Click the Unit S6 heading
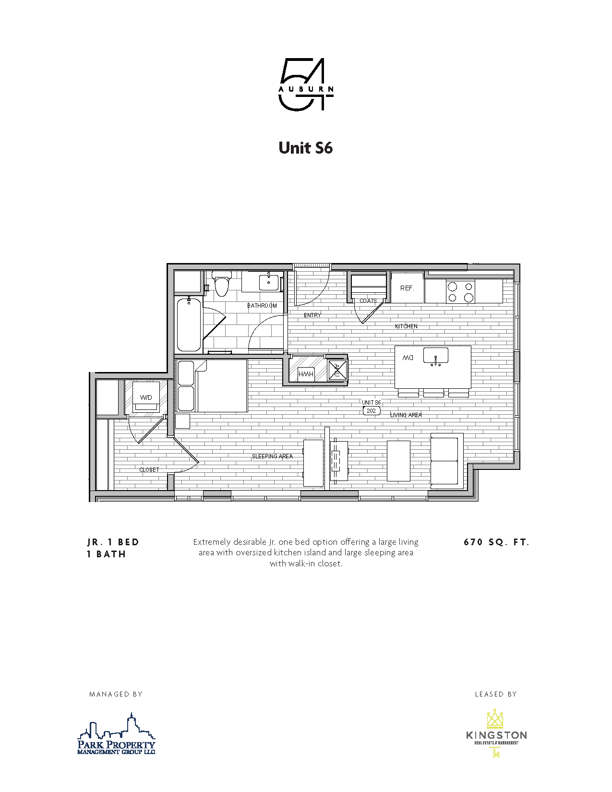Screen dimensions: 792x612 tap(305, 147)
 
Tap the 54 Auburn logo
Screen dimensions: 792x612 tap(306, 85)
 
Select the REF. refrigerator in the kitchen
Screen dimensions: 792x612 tap(407, 288)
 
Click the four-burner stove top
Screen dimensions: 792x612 tap(460, 291)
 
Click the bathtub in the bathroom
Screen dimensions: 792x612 tap(188, 325)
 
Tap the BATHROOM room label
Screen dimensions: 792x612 tap(262, 306)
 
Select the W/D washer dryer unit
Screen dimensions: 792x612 tap(146, 397)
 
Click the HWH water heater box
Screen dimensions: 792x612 tap(306, 374)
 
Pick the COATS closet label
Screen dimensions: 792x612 tap(368, 301)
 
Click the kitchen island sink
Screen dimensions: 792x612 tap(436, 356)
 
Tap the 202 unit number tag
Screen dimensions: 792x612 tap(371, 411)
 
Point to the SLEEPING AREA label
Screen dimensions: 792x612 tap(272, 456)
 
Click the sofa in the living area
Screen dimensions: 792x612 tap(445, 461)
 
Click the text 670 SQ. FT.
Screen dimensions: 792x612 tap(496, 542)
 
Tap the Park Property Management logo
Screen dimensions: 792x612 tap(117, 734)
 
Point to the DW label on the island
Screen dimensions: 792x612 tap(408, 358)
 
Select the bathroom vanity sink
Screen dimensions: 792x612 tap(269, 282)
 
